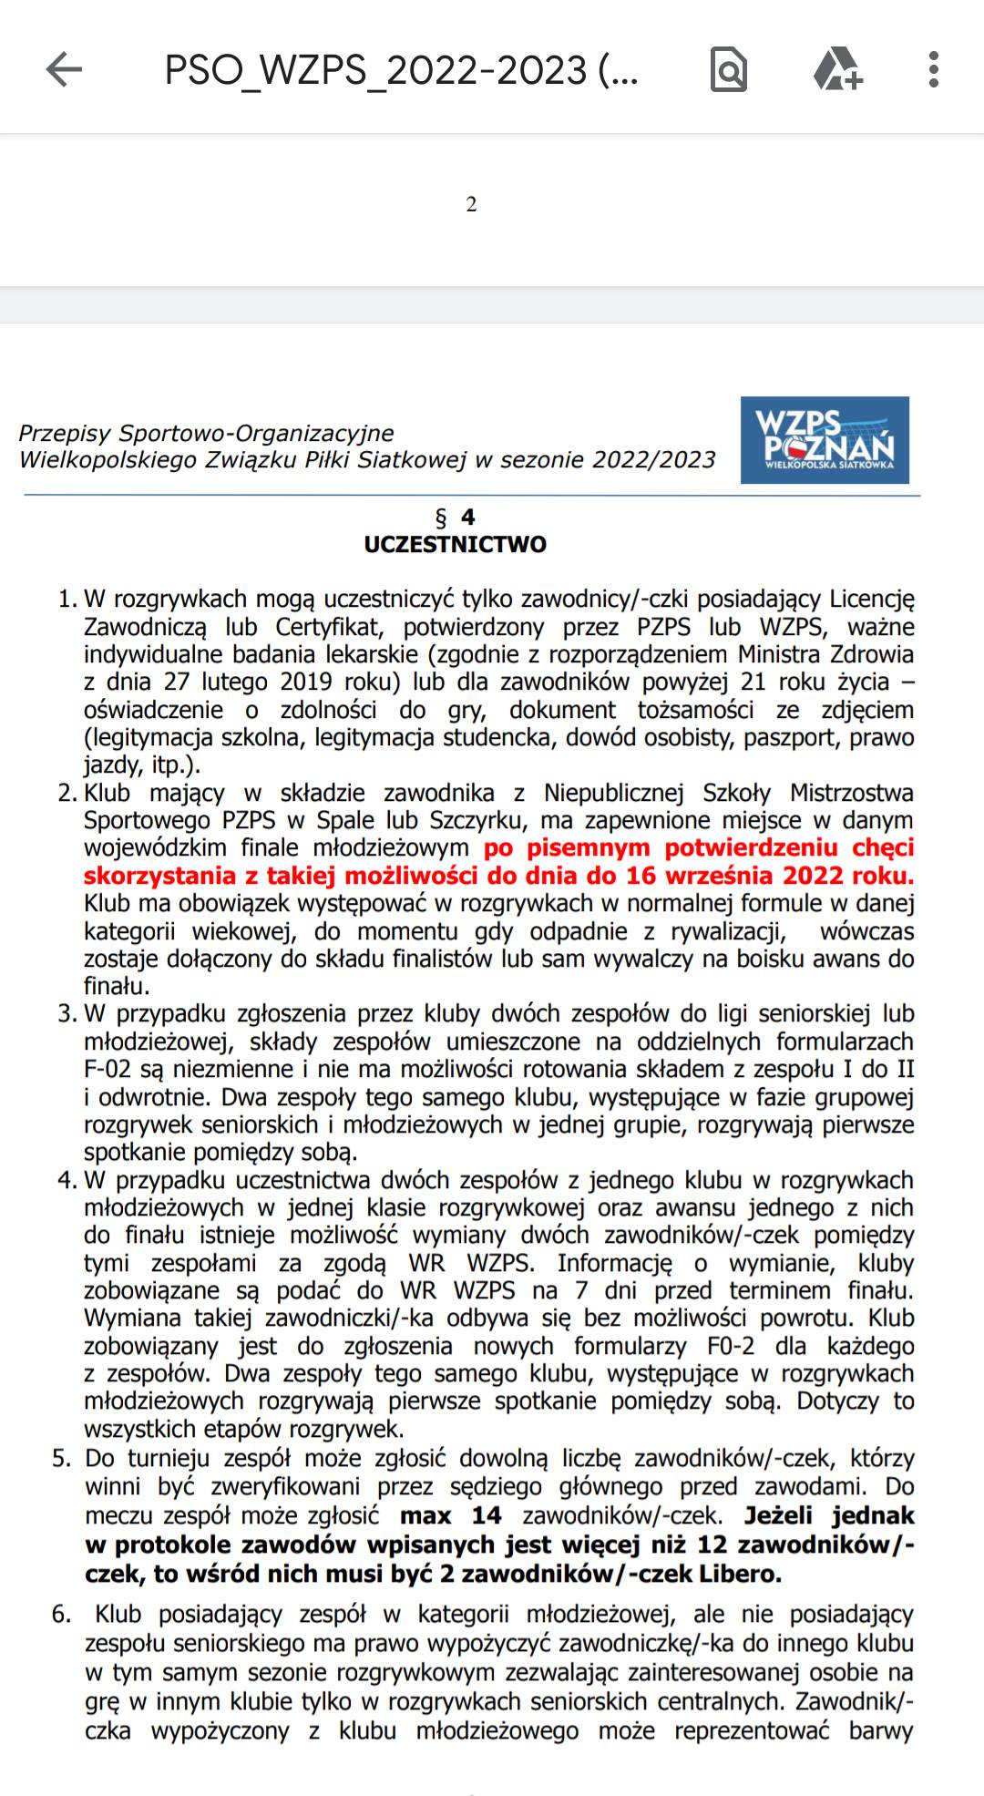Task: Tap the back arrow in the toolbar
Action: pos(64,69)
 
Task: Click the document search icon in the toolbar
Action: pos(728,69)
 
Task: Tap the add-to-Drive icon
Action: pos(836,69)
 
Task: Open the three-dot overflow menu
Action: pos(933,69)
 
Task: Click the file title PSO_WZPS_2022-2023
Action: pos(401,70)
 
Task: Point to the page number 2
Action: pos(471,204)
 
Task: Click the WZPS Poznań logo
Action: pos(825,440)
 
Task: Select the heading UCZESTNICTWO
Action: pos(456,545)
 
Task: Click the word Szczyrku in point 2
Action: pos(478,820)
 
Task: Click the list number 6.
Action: pos(61,1615)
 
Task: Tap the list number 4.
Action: pos(67,1180)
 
